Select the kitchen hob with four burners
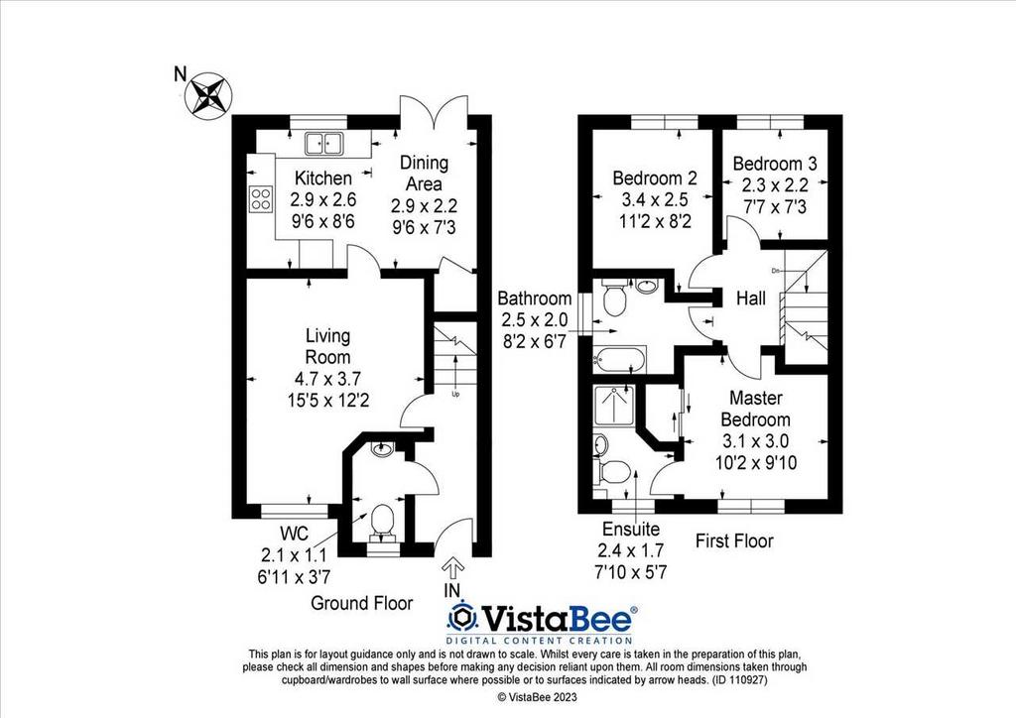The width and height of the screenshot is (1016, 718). coord(261,198)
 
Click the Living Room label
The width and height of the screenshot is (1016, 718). coord(326,346)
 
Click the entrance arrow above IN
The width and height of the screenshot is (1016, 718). coord(452,567)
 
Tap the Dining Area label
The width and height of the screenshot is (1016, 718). coord(424,173)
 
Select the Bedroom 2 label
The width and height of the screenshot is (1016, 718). coord(654,179)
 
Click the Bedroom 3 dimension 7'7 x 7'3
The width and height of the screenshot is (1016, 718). coord(770,203)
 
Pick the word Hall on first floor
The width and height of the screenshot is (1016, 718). coord(750,298)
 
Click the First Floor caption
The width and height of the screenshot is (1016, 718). coord(735,540)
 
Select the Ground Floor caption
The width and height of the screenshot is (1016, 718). coord(362,602)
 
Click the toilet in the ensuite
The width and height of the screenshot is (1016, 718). coord(615,470)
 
